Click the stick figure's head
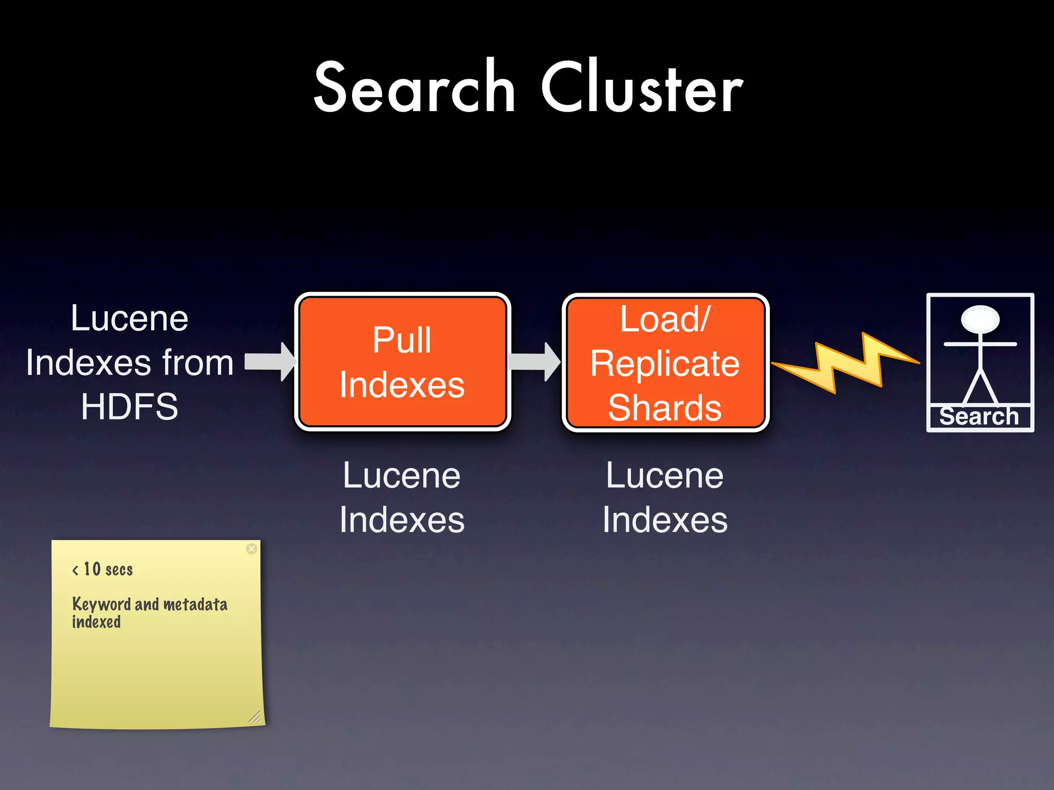[x=980, y=319]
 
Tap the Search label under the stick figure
[x=979, y=417]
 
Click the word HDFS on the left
[x=130, y=407]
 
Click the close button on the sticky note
[x=252, y=549]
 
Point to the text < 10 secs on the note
[x=103, y=569]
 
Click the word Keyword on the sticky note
[x=101, y=604]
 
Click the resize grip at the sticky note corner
[x=255, y=717]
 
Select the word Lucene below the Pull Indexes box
[x=402, y=475]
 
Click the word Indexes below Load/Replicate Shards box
[x=665, y=519]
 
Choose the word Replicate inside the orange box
[x=665, y=364]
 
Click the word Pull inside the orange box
[x=402, y=340]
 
